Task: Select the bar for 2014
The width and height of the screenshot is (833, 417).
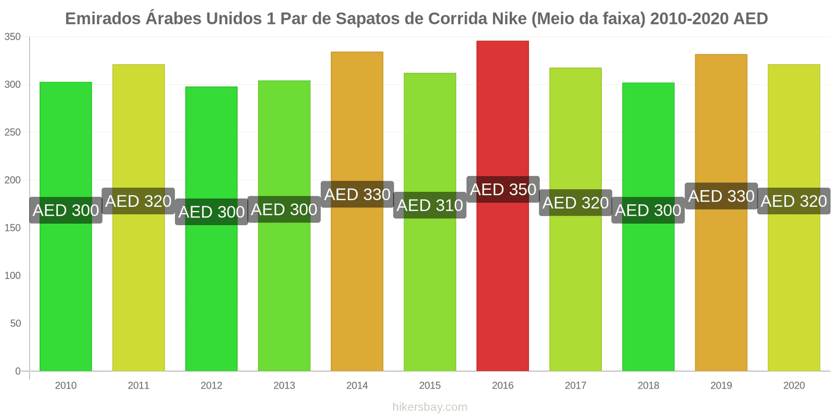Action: (357, 287)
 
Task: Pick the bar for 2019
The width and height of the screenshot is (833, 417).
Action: (721, 287)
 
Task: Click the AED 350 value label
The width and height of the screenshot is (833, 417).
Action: (503, 190)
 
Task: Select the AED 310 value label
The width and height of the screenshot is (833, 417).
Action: (430, 205)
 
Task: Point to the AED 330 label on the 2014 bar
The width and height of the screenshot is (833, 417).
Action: (357, 194)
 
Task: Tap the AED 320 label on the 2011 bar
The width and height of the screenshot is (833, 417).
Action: (138, 201)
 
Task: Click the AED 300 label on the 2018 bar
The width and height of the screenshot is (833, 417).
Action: (648, 210)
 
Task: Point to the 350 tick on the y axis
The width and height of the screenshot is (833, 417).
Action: (12, 37)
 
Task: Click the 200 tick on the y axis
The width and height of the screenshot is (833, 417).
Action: (12, 180)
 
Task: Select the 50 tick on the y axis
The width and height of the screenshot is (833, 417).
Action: (15, 324)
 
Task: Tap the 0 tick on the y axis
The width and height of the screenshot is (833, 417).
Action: (18, 371)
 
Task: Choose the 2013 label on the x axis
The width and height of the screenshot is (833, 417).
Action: (284, 386)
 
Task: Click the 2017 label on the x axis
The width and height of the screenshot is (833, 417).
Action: (575, 386)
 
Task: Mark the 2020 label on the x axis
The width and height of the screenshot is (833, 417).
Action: (794, 386)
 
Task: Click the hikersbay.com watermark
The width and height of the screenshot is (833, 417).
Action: (430, 407)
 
